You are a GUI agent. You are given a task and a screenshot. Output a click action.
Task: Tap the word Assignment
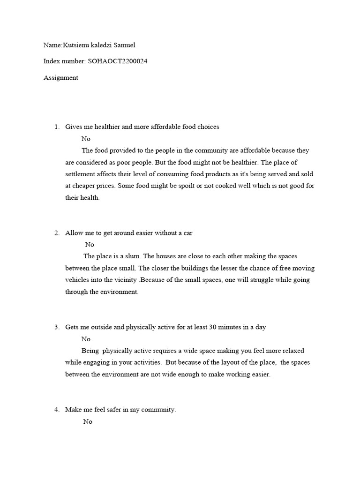click(61, 78)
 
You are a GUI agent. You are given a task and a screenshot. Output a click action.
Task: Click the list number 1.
click(56, 127)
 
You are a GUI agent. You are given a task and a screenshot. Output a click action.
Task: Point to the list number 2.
click(56, 233)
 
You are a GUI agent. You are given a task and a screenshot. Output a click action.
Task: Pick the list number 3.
click(56, 327)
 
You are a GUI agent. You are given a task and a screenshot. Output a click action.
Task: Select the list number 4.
click(56, 410)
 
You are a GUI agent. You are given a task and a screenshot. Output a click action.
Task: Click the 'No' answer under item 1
click(86, 139)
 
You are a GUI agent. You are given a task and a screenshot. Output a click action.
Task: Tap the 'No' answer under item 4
click(88, 421)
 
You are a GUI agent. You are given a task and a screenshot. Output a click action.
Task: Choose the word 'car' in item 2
click(187, 233)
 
